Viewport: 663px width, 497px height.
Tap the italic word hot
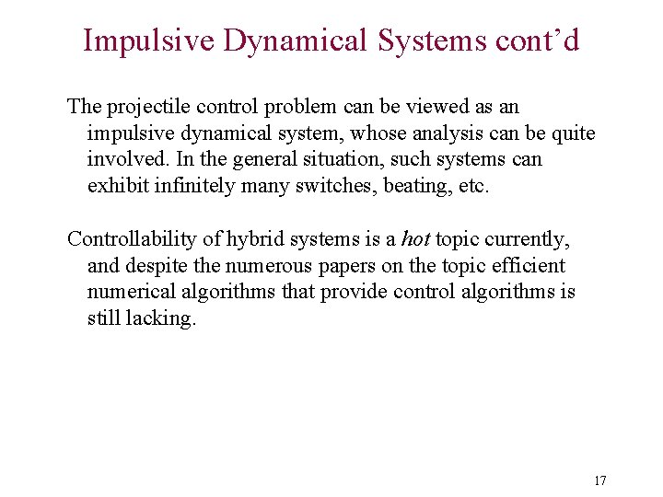pos(415,239)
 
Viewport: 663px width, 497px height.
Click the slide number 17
pos(600,480)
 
